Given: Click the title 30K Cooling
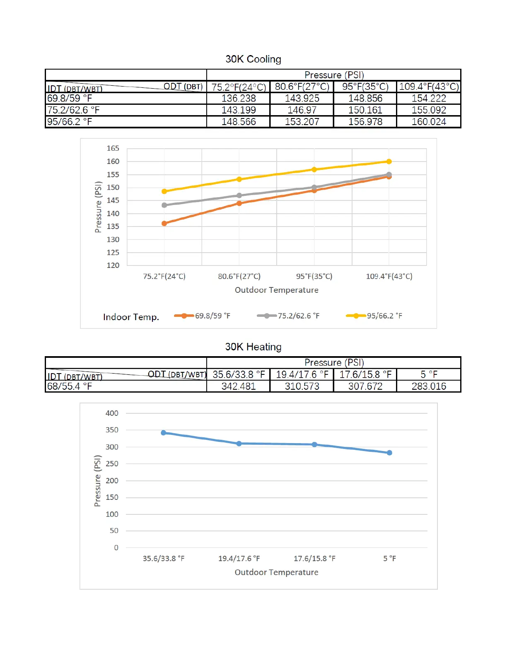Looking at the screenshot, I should pos(253,59).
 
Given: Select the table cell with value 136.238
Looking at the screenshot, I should pos(239,99).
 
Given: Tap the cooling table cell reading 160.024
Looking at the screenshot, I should pos(429,122).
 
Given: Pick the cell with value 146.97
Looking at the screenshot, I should pos(302,110).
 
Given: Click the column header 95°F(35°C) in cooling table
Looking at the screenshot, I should pos(365,87).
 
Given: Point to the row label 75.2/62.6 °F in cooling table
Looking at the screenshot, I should pos(73,110).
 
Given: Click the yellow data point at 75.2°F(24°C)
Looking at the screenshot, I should pos(164,191).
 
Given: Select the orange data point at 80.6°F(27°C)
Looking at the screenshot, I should pos(239,203).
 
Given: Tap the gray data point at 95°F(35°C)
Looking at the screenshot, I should pos(314,188).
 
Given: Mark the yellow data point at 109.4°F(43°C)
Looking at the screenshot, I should pos(389,162).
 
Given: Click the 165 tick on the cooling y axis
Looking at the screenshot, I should pos(113,148).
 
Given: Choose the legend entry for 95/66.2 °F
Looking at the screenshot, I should pos(374,316).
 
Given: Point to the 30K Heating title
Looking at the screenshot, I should pos(253,347).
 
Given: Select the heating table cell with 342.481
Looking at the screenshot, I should pos(239,386).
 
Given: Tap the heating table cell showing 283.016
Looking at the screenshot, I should pos(429,386).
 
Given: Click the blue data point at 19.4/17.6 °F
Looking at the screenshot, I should pos(239,444).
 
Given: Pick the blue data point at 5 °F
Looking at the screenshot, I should pos(389,453).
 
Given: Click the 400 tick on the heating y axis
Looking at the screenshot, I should pos(112,413).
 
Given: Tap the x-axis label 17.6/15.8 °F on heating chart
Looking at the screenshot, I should pos(314,559).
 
